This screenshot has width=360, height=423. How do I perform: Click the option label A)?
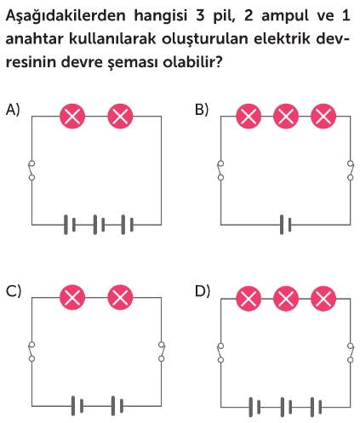(x=13, y=110)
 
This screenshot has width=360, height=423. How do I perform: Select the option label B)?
(x=202, y=110)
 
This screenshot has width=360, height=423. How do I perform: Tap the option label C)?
(x=14, y=290)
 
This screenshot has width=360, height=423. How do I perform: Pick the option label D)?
(x=203, y=291)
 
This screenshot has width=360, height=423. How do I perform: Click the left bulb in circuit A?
(x=72, y=117)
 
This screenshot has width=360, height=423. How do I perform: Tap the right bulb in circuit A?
(x=120, y=117)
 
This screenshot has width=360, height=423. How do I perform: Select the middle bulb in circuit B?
(x=286, y=117)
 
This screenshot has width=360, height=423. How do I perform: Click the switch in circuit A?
(x=31, y=170)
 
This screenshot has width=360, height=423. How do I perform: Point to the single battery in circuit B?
(x=285, y=225)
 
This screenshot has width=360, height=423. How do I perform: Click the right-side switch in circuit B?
(x=351, y=170)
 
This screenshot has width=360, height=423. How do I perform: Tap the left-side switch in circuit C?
(x=31, y=352)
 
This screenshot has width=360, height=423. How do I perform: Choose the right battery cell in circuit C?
(x=117, y=406)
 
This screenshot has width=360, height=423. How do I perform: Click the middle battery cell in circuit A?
(x=99, y=225)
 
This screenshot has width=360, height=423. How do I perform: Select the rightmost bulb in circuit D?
(x=323, y=299)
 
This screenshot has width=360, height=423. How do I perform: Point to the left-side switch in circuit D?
(x=220, y=353)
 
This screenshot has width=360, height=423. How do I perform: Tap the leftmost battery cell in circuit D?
(x=254, y=407)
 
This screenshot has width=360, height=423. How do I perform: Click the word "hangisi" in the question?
(x=161, y=16)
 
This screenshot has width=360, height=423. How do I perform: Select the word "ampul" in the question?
(x=285, y=16)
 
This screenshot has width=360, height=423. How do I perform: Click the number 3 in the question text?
(x=200, y=15)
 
